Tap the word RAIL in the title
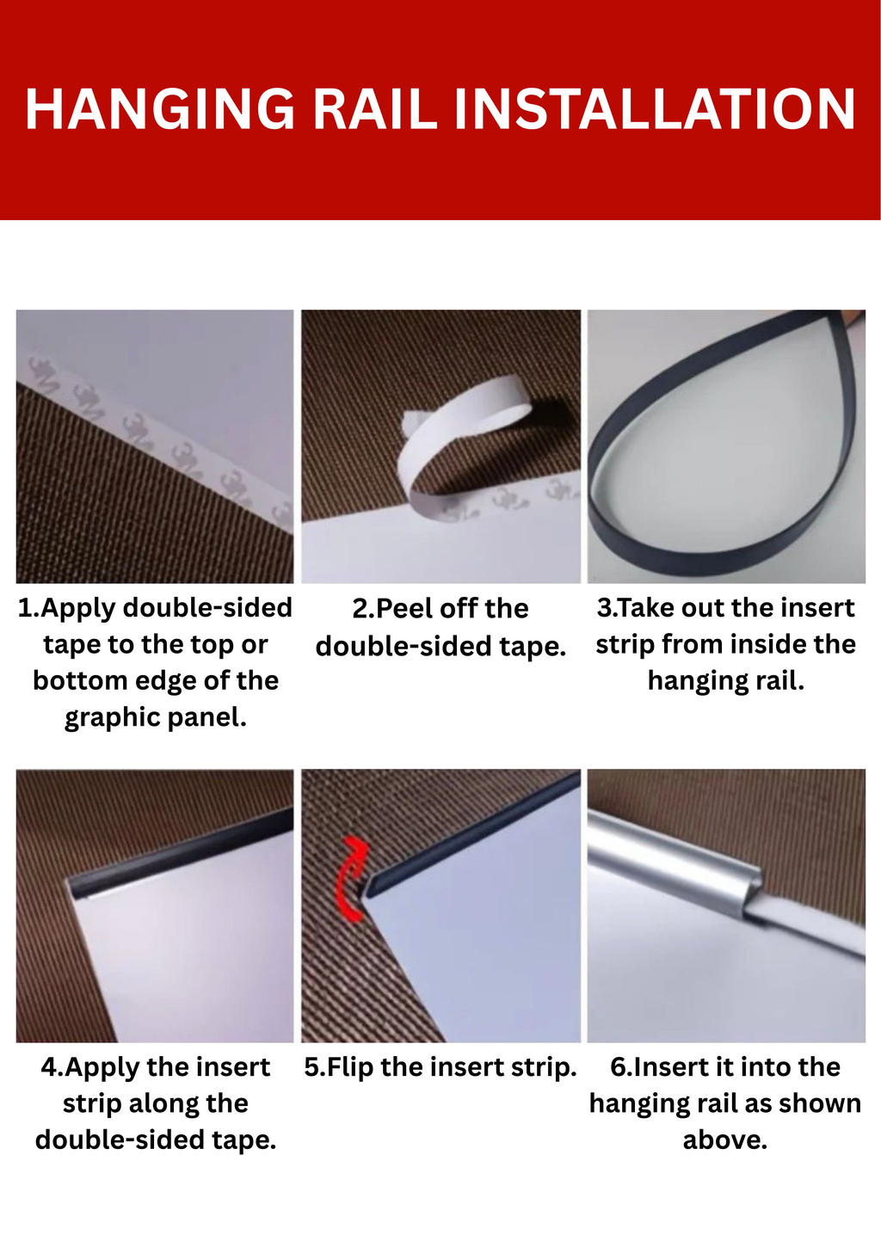pos(375,108)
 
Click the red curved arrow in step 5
pos(349,879)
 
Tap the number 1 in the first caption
pos(25,607)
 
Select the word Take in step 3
pos(646,607)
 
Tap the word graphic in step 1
pos(113,717)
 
